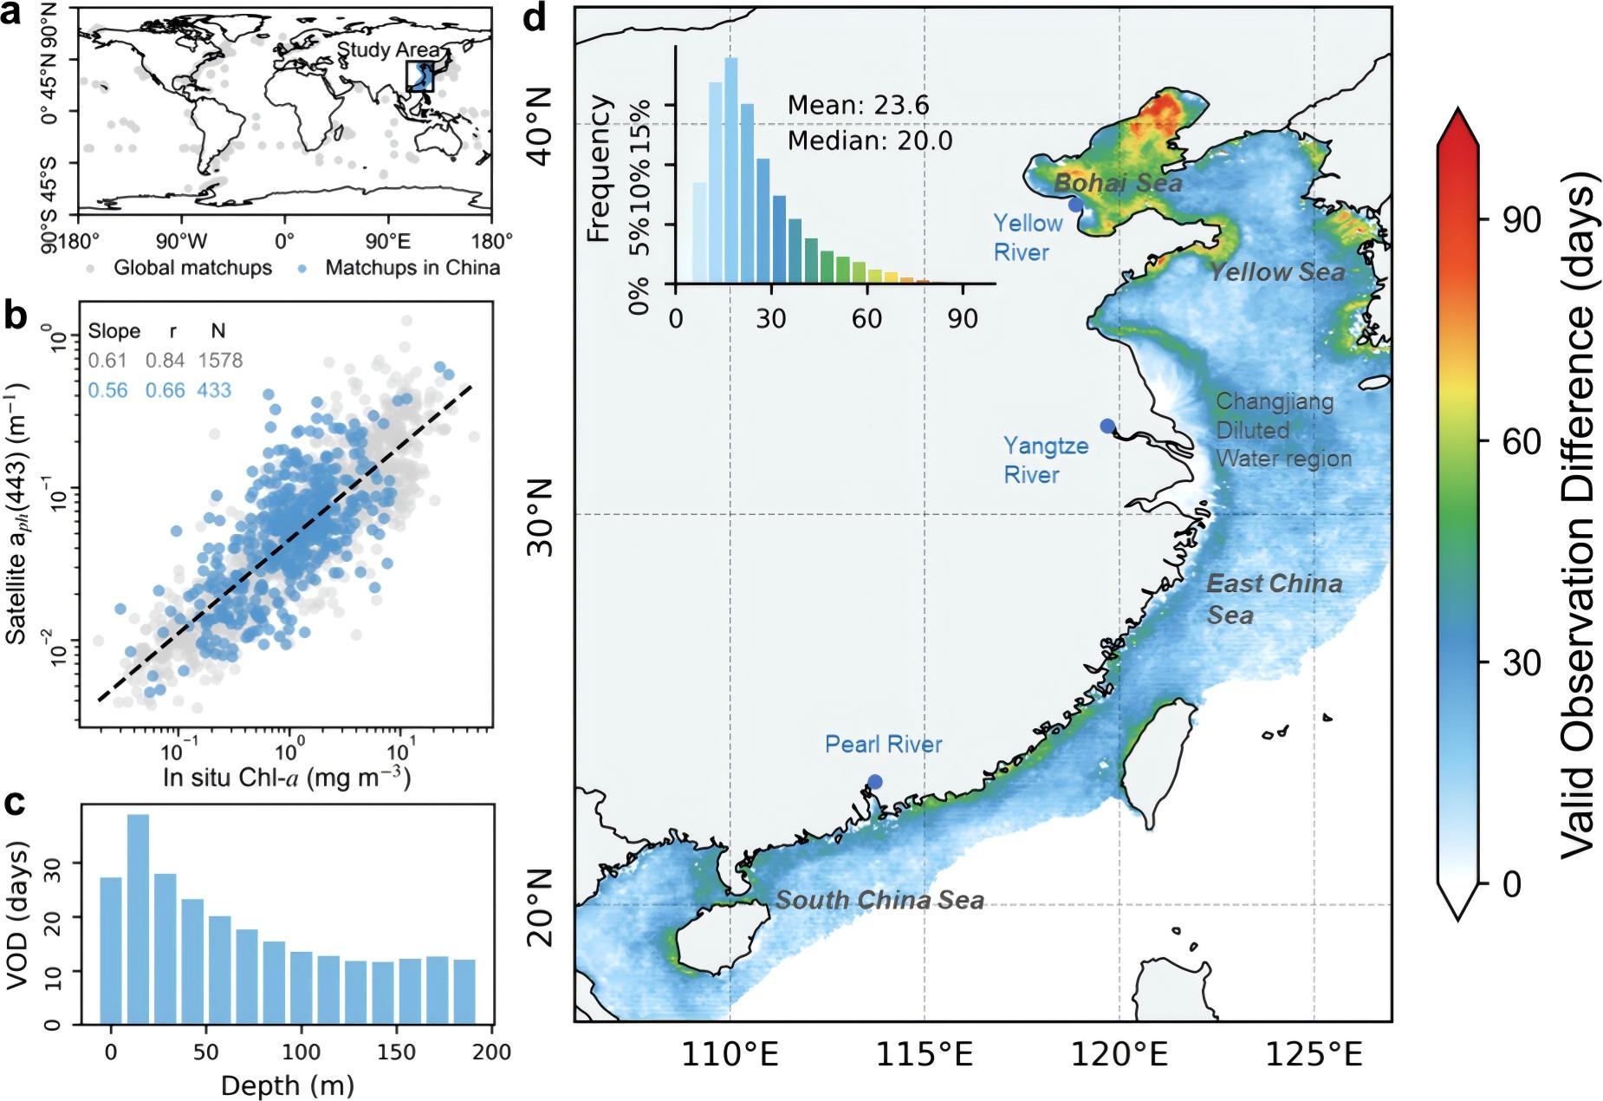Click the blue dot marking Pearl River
click(875, 782)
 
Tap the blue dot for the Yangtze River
click(1107, 426)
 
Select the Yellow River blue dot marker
click(1075, 205)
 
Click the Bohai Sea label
click(1118, 184)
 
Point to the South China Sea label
click(879, 901)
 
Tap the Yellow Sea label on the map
click(1277, 272)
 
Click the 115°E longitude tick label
click(925, 1055)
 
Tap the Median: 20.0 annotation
click(870, 140)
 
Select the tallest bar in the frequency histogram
click(731, 170)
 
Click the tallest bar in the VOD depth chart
click(138, 919)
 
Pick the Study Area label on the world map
click(388, 49)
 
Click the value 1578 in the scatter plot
click(220, 360)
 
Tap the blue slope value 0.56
click(107, 390)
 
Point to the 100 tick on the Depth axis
click(301, 1053)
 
